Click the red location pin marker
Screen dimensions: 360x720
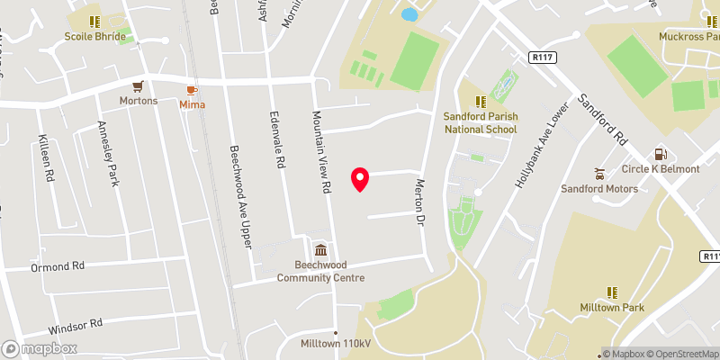(x=360, y=179)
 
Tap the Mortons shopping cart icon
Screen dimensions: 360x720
(x=139, y=87)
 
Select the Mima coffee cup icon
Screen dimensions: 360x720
(x=192, y=90)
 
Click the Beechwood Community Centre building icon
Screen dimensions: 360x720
(x=321, y=250)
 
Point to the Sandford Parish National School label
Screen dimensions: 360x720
(x=481, y=122)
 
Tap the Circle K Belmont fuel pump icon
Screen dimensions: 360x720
(x=660, y=155)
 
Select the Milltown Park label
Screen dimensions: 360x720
(x=612, y=308)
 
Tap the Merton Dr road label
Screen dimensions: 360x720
(x=419, y=202)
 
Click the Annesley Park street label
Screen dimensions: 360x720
(x=108, y=154)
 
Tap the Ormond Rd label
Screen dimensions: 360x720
(x=57, y=266)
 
